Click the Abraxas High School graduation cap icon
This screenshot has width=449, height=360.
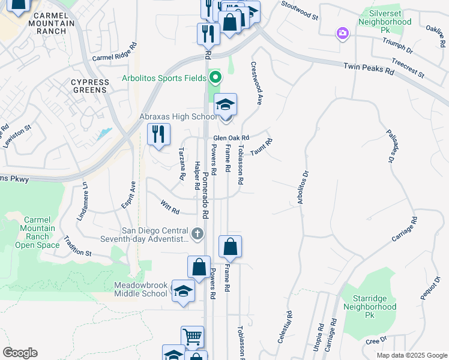point(225,105)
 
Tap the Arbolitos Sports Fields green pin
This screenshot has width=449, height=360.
point(215,77)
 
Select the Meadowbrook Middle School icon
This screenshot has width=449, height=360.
point(183,292)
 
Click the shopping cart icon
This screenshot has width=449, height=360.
point(192,338)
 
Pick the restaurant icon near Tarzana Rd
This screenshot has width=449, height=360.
point(158,134)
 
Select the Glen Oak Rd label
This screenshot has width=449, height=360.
point(231,138)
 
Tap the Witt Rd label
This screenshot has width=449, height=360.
point(170,208)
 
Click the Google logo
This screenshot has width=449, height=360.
point(20,353)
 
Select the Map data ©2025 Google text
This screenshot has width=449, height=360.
point(411,355)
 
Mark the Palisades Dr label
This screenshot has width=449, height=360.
point(392,146)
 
